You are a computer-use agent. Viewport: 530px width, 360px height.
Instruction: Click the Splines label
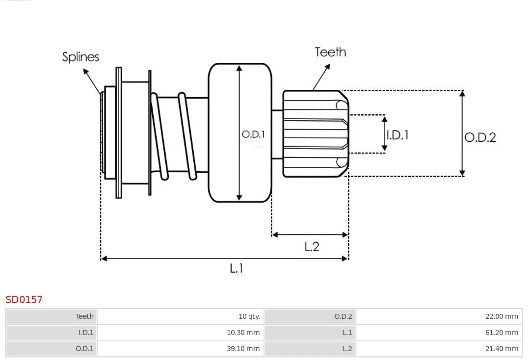(x=80, y=57)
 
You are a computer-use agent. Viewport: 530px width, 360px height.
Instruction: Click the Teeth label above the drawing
(x=330, y=52)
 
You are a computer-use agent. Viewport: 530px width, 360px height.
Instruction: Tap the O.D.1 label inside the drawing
(x=253, y=134)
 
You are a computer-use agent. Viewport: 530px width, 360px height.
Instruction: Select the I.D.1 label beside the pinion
(x=397, y=135)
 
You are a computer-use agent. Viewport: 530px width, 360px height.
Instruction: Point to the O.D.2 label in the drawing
(x=480, y=137)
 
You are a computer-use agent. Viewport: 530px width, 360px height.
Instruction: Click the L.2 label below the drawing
(x=312, y=247)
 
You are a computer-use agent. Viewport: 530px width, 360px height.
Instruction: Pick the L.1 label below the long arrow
(x=236, y=268)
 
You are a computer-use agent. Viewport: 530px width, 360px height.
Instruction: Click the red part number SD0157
(x=24, y=300)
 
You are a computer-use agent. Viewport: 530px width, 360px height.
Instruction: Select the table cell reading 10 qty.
(x=181, y=316)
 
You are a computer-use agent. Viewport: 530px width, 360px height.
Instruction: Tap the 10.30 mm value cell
(x=181, y=333)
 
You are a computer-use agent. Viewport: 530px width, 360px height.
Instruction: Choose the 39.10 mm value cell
(x=181, y=349)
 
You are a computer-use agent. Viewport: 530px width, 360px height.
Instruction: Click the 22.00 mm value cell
(x=439, y=316)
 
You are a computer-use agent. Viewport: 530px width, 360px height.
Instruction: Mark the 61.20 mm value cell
(x=439, y=333)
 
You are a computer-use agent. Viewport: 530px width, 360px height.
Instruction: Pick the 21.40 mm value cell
(x=439, y=349)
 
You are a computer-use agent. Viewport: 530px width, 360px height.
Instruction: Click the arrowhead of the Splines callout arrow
(x=85, y=71)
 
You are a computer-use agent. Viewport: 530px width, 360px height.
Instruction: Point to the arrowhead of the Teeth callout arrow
(x=327, y=66)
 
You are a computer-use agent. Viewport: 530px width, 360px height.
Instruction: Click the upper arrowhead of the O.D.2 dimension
(x=462, y=93)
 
